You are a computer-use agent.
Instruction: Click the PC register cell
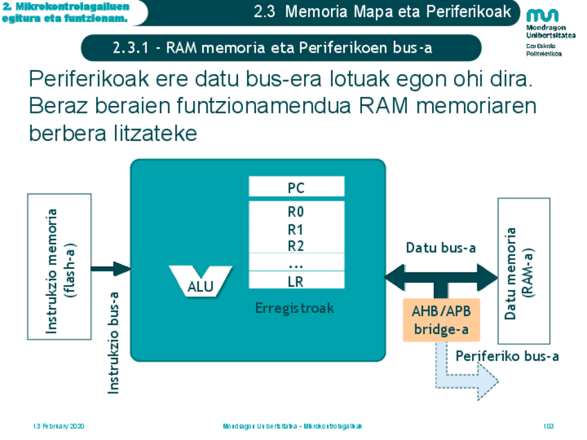coord(296,187)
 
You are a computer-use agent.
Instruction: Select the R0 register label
coord(296,212)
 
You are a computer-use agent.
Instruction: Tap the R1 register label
coord(296,229)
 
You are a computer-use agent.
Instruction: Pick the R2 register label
coord(296,245)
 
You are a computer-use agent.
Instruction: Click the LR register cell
coord(296,281)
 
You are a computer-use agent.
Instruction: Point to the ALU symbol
coord(201,281)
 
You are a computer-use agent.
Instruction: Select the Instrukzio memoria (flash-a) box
coord(60,266)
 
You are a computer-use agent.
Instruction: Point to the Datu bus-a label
coord(440,248)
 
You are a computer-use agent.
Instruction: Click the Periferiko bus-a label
coord(507,356)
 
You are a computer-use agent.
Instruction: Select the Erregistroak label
coord(295,309)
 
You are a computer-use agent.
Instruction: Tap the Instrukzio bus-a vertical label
coord(114,342)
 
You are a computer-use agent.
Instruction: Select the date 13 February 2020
coord(59,426)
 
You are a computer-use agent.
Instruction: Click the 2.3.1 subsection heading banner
coord(280,48)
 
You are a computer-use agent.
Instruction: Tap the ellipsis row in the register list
coord(296,263)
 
